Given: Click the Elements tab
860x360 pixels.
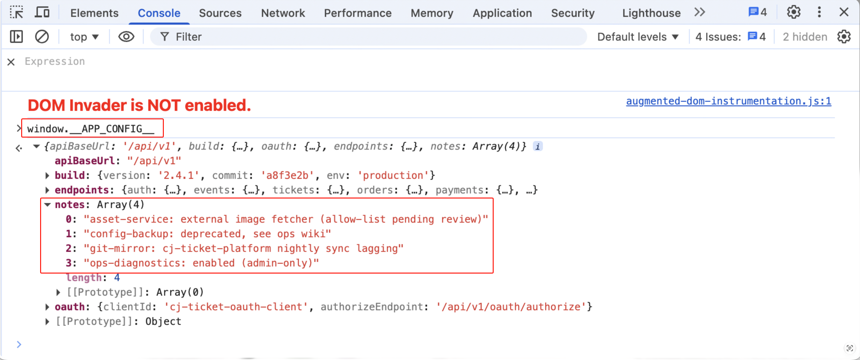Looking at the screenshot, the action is pyautogui.click(x=94, y=13).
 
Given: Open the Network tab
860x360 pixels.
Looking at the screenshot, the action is pyautogui.click(x=283, y=13).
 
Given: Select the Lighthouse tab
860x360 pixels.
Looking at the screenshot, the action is pyautogui.click(x=651, y=13).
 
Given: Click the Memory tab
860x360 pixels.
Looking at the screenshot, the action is pyautogui.click(x=432, y=13).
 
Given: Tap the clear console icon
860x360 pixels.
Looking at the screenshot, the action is pyautogui.click(x=42, y=37).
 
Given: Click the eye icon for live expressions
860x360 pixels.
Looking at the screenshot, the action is pyautogui.click(x=126, y=37).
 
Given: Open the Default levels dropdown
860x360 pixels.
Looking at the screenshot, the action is pyautogui.click(x=638, y=37).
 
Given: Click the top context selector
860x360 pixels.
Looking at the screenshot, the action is pyautogui.click(x=84, y=37).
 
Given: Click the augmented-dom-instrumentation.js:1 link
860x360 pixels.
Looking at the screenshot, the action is pyautogui.click(x=728, y=101).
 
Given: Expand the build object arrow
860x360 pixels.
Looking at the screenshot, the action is pyautogui.click(x=47, y=175).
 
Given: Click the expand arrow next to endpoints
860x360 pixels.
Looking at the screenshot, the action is pyautogui.click(x=47, y=190).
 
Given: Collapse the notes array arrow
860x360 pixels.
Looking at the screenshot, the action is pyautogui.click(x=47, y=205).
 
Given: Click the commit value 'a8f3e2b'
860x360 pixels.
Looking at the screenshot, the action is pyautogui.click(x=287, y=175).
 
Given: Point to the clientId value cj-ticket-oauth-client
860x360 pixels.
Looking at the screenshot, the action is pyautogui.click(x=236, y=307).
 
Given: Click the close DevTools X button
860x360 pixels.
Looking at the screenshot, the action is pyautogui.click(x=844, y=12).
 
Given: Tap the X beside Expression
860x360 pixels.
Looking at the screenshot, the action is pyautogui.click(x=11, y=62).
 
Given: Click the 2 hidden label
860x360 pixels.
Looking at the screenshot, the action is pyautogui.click(x=805, y=37).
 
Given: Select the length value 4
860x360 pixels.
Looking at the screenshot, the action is pyautogui.click(x=117, y=277).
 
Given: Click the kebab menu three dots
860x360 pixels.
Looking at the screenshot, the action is pyautogui.click(x=819, y=12).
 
